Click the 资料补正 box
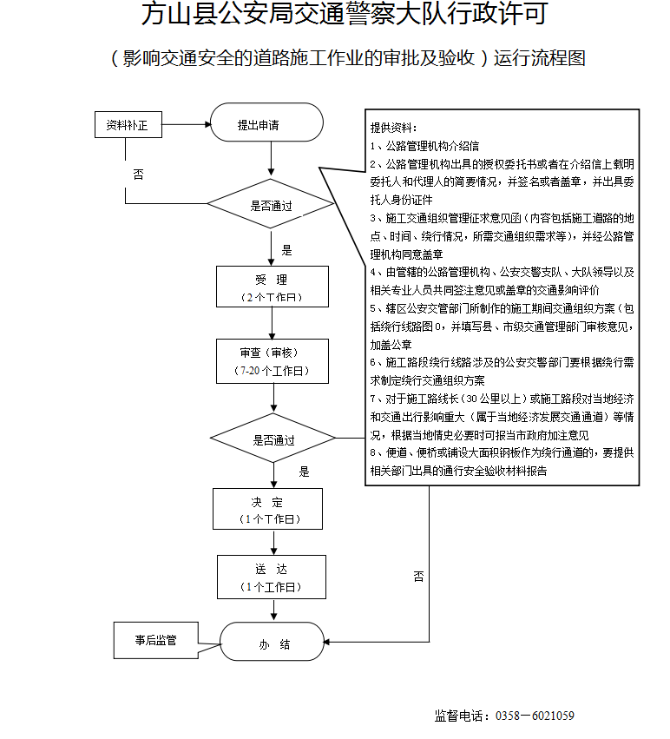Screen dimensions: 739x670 (x=127, y=125)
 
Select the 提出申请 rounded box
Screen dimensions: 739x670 (x=266, y=125)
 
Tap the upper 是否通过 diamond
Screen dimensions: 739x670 (x=271, y=206)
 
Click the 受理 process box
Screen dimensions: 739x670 (x=272, y=287)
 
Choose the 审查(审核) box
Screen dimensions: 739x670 (x=272, y=361)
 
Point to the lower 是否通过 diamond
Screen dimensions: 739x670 (x=273, y=439)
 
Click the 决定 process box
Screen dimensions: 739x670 (x=267, y=509)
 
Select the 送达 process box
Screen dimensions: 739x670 (x=272, y=577)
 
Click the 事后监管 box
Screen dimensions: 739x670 (x=156, y=640)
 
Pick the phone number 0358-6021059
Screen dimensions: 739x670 (x=534, y=716)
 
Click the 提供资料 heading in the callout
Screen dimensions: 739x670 (x=394, y=128)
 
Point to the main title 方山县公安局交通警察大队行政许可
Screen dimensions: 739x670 (x=344, y=15)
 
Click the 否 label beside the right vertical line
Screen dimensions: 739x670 (x=419, y=576)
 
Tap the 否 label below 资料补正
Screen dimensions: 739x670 (x=138, y=175)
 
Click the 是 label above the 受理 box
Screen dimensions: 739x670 (x=286, y=250)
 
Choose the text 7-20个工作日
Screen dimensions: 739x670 (x=272, y=371)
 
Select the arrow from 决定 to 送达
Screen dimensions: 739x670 (x=273, y=543)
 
